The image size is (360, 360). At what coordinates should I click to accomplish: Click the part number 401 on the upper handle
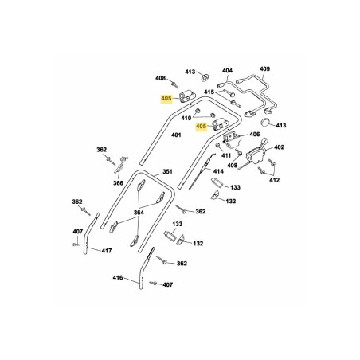[x=176, y=135]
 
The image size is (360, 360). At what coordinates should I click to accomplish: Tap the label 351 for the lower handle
[x=167, y=171]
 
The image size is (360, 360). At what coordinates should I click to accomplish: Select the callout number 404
[x=227, y=70]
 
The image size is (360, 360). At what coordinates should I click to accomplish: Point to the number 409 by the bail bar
[x=264, y=68]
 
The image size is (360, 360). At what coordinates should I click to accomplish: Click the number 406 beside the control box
[x=255, y=134]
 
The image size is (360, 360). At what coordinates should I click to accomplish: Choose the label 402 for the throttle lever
[x=279, y=147]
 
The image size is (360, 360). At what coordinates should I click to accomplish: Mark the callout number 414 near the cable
[x=218, y=171]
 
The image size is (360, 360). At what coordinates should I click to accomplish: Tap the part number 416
[x=118, y=278]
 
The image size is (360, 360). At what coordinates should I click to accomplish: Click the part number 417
[x=107, y=251]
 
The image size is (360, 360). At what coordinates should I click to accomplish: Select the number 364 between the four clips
[x=139, y=213]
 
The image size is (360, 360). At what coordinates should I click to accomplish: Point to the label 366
[x=118, y=183]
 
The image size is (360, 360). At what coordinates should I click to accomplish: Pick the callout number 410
[x=186, y=118]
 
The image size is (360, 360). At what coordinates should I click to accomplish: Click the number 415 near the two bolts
[x=209, y=92]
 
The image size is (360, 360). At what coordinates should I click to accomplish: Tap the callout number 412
[x=274, y=180]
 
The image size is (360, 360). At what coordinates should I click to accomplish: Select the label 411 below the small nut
[x=226, y=155]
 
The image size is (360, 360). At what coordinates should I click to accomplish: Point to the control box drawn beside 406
[x=232, y=139]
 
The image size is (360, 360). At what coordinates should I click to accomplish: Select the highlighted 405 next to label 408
[x=166, y=99]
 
